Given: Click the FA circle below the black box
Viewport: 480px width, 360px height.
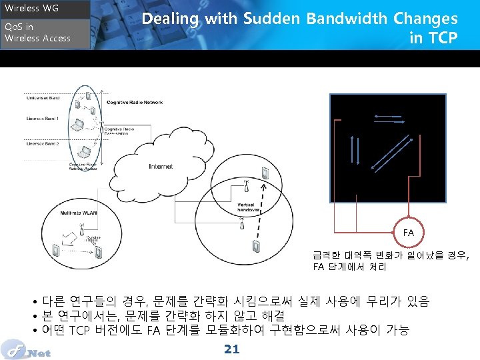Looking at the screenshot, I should pyautogui.click(x=408, y=233).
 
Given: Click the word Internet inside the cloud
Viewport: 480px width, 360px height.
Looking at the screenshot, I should pyautogui.click(x=161, y=166).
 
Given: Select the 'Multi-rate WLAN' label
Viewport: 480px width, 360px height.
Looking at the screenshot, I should pyautogui.click(x=79, y=213).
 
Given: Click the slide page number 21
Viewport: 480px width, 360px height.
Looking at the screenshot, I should pyautogui.click(x=232, y=349).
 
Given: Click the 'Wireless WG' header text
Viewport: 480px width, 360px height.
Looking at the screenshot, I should pyautogui.click(x=32, y=9).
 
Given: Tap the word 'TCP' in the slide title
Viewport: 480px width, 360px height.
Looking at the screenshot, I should pyautogui.click(x=443, y=38).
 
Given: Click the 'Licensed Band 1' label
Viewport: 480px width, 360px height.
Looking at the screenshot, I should pyautogui.click(x=43, y=119).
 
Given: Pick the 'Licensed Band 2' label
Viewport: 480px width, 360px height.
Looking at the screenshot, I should pyautogui.click(x=43, y=143).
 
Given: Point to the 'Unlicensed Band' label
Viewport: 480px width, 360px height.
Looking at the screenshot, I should pyautogui.click(x=43, y=98).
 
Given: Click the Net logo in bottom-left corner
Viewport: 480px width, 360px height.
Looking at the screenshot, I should pyautogui.click(x=27, y=349).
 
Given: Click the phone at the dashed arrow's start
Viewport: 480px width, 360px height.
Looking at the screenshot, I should pyautogui.click(x=257, y=246).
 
